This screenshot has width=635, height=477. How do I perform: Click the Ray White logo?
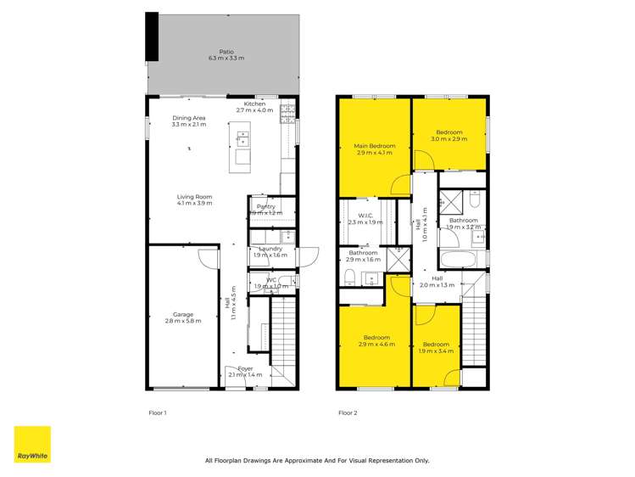[32, 444]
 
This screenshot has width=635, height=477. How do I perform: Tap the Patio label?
[226, 51]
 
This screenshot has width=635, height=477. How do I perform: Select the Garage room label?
[184, 314]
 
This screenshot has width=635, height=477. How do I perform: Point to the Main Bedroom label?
[374, 146]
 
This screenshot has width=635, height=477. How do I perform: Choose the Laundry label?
[270, 249]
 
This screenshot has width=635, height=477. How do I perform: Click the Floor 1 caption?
[158, 413]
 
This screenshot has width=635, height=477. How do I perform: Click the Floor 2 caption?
[348, 413]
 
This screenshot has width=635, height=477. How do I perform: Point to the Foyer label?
[246, 368]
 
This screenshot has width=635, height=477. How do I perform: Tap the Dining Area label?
[189, 118]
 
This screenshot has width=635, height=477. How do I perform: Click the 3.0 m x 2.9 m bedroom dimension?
[449, 138]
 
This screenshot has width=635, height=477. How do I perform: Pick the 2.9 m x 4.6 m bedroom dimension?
[377, 344]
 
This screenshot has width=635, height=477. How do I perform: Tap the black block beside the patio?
[152, 36]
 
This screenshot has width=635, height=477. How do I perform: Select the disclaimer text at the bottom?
[317, 461]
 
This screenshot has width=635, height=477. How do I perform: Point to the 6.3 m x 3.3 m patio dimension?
[226, 58]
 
